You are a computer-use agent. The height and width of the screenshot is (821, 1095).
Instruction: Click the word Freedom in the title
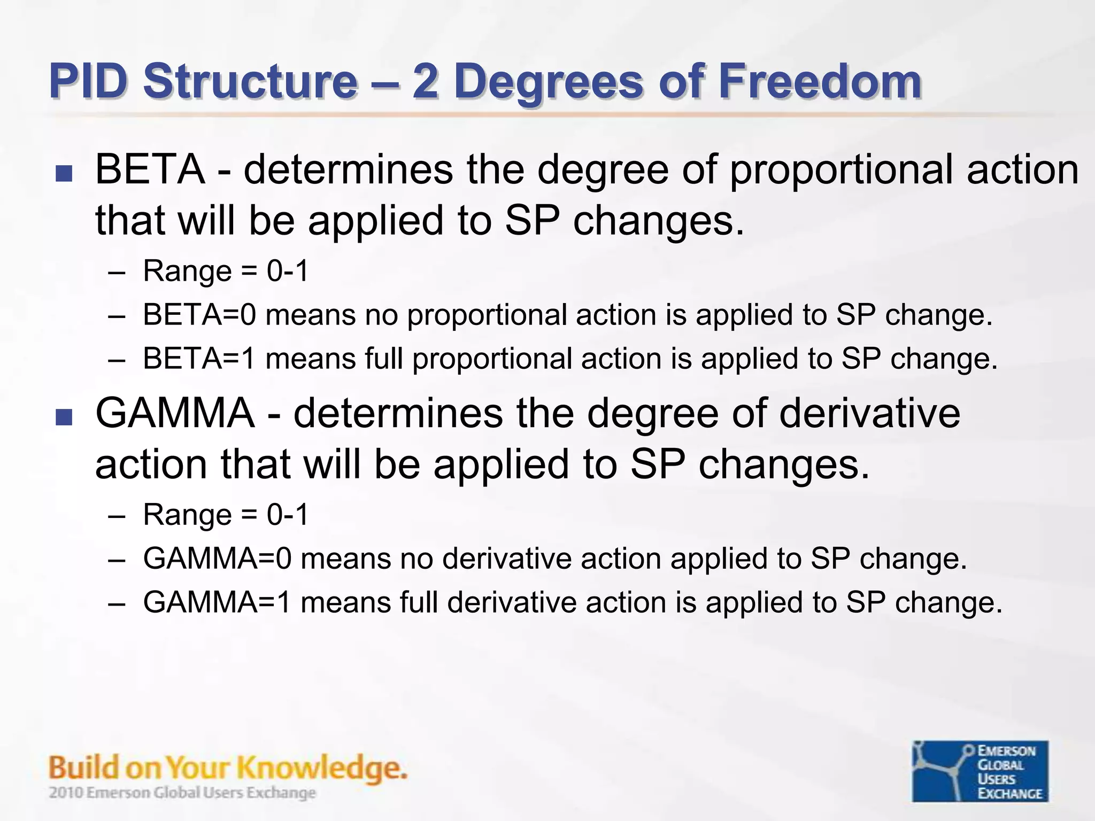819,81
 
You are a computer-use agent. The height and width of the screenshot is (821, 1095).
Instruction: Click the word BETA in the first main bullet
150,169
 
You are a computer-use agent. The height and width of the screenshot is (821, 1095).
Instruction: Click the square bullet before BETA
64,173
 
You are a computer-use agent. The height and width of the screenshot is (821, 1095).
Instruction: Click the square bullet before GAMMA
64,417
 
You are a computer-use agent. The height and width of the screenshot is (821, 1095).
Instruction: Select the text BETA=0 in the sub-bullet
199,315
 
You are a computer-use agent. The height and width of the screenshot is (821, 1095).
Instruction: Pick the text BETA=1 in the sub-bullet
199,359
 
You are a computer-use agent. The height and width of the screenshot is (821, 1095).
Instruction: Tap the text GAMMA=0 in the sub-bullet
217,559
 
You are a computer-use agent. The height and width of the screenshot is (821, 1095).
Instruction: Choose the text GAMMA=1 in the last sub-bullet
217,603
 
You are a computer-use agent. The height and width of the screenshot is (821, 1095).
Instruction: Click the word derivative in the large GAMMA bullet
869,414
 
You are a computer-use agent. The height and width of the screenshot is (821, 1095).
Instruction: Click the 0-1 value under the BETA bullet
288,271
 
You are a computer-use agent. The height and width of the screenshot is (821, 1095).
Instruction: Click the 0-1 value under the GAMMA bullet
288,515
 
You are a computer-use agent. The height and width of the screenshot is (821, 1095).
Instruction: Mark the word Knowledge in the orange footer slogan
321,769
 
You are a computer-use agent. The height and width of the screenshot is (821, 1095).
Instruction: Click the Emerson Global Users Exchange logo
980,771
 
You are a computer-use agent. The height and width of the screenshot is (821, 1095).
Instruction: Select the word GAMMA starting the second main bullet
175,414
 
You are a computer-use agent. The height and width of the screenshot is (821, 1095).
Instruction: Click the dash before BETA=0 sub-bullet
116,316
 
